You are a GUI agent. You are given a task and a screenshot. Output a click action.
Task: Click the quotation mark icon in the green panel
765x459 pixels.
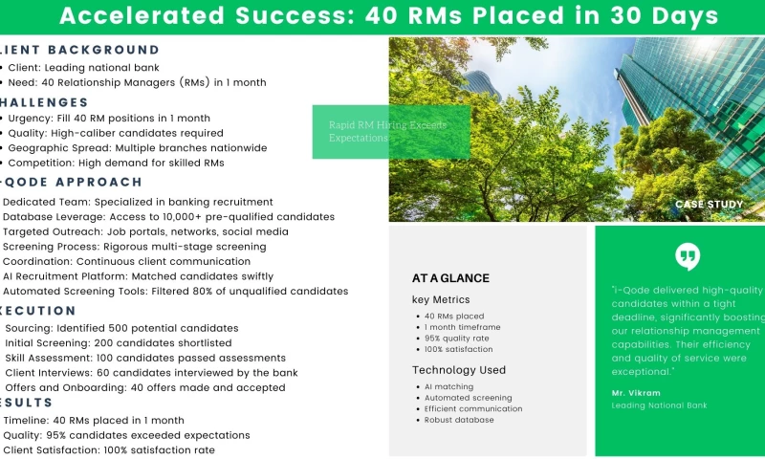click(687, 256)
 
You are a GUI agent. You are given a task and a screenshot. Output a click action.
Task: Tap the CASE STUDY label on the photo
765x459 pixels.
click(710, 205)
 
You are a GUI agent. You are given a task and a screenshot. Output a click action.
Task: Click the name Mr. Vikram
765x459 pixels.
click(636, 393)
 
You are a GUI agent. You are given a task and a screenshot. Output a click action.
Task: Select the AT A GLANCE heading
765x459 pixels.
click(450, 278)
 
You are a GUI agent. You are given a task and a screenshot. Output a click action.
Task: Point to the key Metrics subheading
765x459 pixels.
click(441, 300)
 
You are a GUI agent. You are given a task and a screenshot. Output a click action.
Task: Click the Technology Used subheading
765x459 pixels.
click(459, 370)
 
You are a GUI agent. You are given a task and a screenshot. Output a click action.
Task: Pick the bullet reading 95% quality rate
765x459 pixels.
click(458, 339)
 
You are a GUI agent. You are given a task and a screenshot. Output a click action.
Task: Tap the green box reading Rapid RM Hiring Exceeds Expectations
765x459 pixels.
click(391, 132)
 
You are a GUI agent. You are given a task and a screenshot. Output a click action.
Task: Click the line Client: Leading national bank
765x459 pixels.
click(83, 67)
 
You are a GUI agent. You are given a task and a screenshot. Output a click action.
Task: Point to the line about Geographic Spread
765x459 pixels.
click(138, 148)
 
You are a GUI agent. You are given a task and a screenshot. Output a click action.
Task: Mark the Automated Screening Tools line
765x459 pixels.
click(176, 291)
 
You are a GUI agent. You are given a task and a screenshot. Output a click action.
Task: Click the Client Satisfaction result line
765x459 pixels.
click(109, 449)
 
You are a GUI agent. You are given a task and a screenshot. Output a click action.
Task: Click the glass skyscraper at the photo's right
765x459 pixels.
click(698, 105)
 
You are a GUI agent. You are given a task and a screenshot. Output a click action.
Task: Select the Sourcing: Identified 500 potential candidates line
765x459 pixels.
click(121, 328)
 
